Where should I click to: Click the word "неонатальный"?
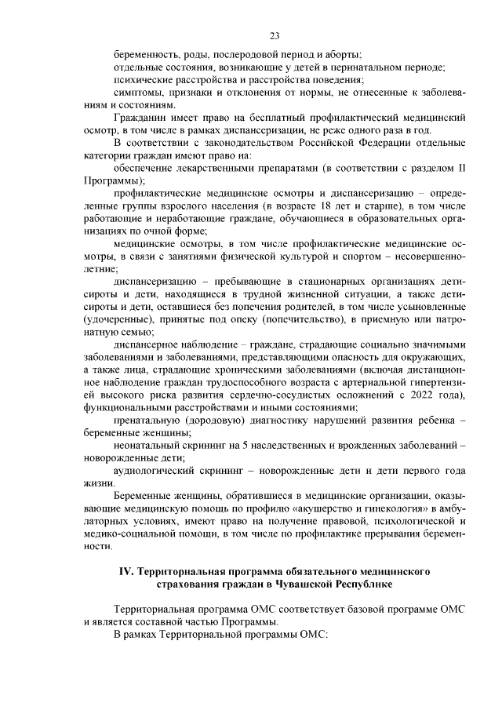click(x=148, y=445)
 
